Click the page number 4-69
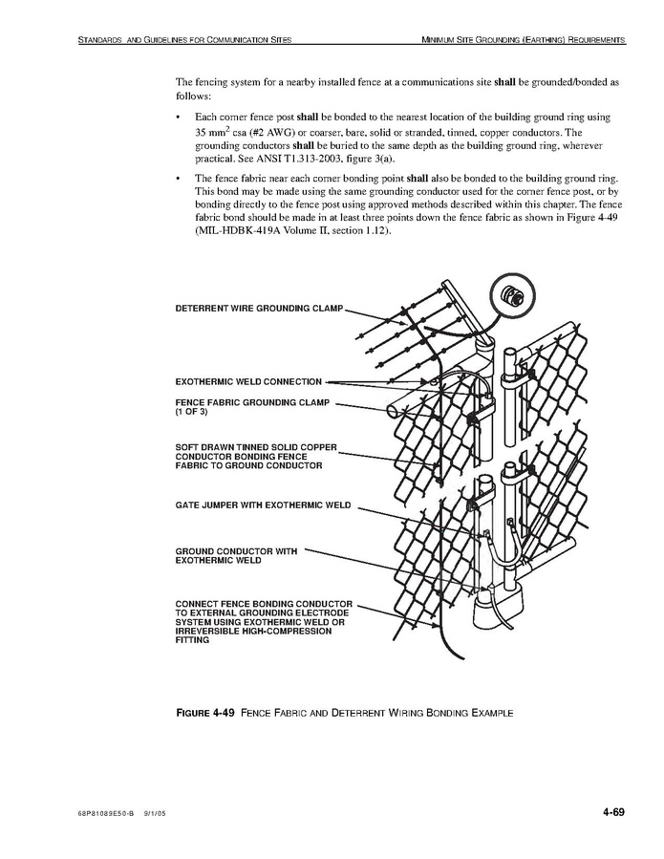612,813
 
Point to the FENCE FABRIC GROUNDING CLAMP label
252,403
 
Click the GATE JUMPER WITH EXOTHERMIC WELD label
263,505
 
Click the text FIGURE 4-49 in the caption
204,713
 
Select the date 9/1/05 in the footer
155,814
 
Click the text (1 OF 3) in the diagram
191,413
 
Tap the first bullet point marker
180,117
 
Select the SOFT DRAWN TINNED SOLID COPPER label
255,446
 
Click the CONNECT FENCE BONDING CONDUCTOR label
264,604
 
